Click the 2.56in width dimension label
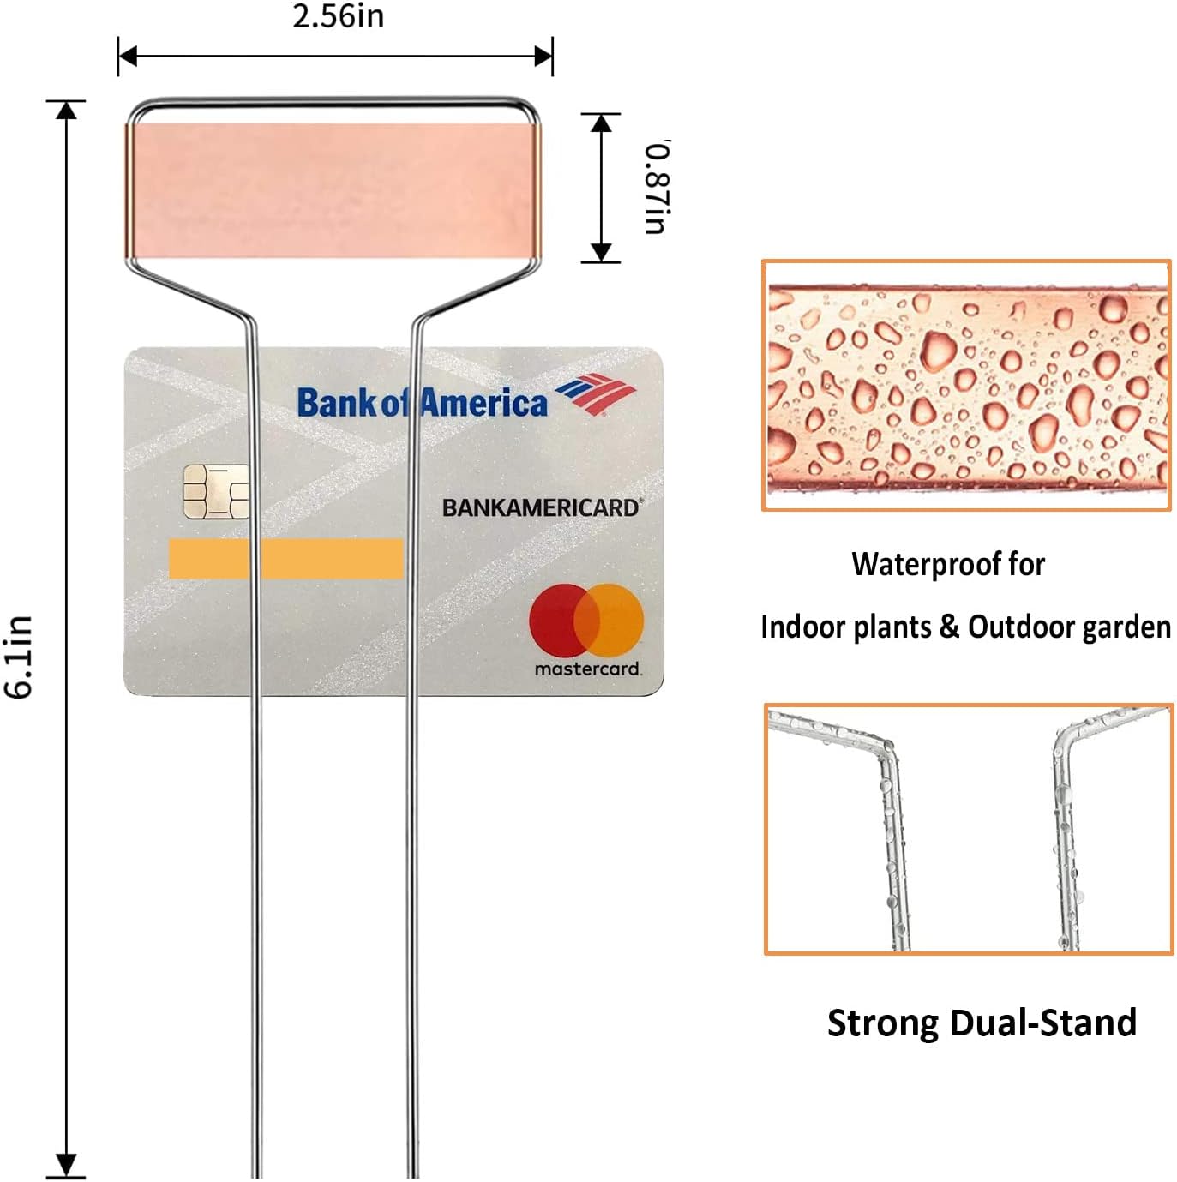pos(338,16)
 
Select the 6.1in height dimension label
pos(19,657)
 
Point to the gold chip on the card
pos(215,492)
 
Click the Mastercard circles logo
pos(586,621)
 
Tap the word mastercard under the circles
pos(587,669)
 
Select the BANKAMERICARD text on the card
pos(541,507)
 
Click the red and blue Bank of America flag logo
pos(596,394)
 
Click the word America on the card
pos(483,403)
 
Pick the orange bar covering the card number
pos(285,558)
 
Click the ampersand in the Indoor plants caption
pos(949,627)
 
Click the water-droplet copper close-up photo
pos(966,386)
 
